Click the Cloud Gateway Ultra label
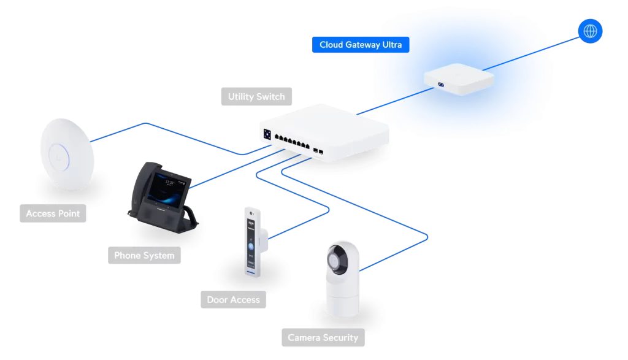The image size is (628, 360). tap(361, 45)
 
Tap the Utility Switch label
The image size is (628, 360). tap(256, 97)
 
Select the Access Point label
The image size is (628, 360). tap(53, 214)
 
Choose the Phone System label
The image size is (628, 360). tap(144, 256)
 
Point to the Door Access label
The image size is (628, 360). tap(233, 300)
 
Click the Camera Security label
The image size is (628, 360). tap(323, 338)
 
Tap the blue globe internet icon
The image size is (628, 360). tap(591, 31)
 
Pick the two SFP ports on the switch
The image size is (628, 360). tap(318, 150)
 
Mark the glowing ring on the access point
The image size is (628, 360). tap(58, 151)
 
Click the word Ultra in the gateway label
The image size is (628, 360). tap(389, 45)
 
